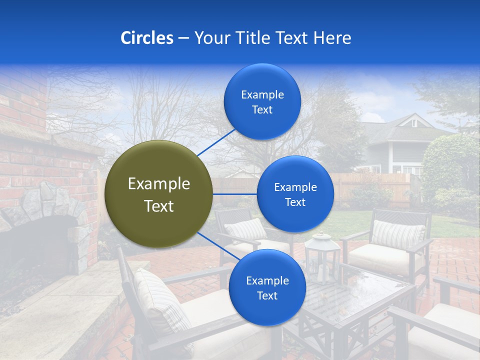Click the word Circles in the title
tap(147, 38)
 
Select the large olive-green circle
tap(158, 194)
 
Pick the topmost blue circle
tap(262, 101)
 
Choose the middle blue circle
tap(295, 194)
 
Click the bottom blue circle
tap(267, 287)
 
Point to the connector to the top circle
tap(217, 141)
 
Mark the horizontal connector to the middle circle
tap(234, 194)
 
